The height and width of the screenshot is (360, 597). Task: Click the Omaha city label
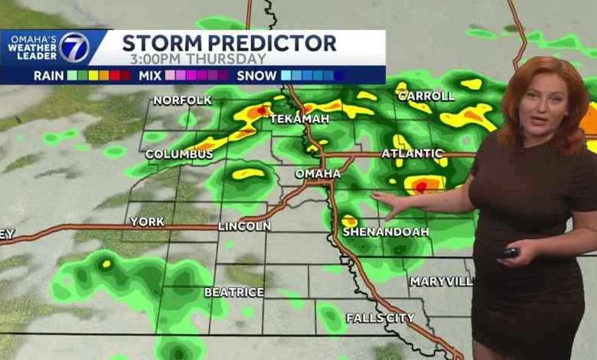coord(318,174)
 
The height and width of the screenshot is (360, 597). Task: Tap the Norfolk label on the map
coord(182,100)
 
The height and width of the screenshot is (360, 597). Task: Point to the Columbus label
coord(179,155)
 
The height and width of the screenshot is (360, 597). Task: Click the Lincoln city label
coord(244,226)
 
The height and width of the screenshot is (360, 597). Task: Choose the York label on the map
coord(147,221)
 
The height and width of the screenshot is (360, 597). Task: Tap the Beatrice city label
coord(233,292)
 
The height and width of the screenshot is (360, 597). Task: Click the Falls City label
coord(380,317)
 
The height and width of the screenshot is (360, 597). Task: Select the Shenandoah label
coord(385,231)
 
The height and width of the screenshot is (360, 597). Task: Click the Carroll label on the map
coord(426,97)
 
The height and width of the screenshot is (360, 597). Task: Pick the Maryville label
coord(440,281)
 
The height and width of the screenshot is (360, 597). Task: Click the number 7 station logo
coord(74,47)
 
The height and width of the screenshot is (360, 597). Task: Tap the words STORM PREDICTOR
coord(229,43)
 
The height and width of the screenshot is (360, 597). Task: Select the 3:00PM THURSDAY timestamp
coord(197,59)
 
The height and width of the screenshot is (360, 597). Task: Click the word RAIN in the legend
coord(48,75)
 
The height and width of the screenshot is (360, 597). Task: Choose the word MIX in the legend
coord(150,75)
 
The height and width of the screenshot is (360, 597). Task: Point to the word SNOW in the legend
coord(256,75)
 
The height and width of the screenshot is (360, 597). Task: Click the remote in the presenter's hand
coord(509,252)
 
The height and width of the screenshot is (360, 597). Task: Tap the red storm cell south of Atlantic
coord(421,185)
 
